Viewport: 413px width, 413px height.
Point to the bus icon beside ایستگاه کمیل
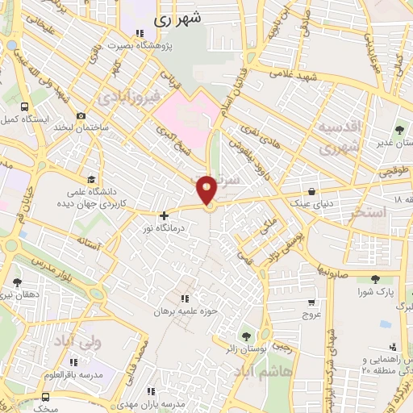[25, 106]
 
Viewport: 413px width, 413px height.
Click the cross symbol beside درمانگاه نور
[164, 215]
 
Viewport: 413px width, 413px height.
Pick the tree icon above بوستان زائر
[247, 335]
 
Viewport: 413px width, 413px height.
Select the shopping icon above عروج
[312, 302]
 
